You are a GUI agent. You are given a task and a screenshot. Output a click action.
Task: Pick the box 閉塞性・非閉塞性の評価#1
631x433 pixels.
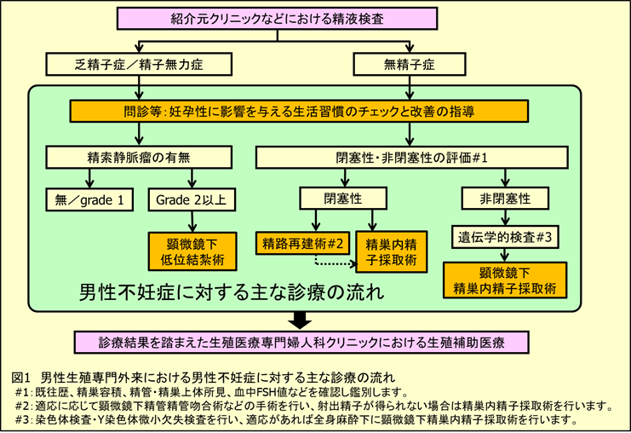pyautogui.click(x=412, y=158)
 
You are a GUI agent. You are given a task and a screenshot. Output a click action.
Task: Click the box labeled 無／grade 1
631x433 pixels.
pyautogui.click(x=89, y=199)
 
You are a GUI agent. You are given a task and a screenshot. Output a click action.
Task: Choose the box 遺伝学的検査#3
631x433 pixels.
pyautogui.click(x=507, y=240)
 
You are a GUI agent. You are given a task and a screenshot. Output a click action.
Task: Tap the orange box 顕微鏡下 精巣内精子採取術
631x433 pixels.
pyautogui.click(x=507, y=280)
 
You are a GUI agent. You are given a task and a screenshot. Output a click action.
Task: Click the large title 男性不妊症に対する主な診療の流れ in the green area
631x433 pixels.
pyautogui.click(x=231, y=292)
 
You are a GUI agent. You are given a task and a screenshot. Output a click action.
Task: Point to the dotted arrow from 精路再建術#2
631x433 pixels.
pyautogui.click(x=332, y=262)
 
